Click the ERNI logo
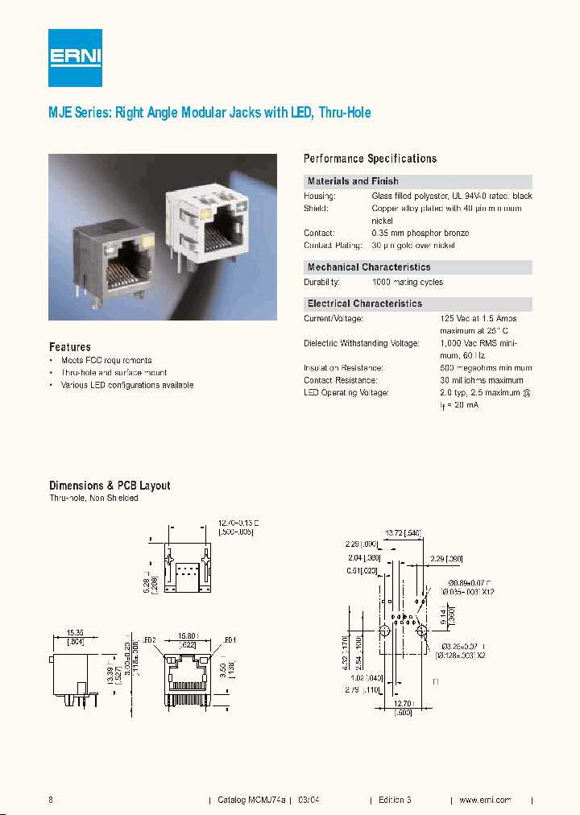75,57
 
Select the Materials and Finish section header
353,181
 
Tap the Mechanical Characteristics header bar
369,267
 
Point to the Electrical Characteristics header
364,304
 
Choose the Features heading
69,347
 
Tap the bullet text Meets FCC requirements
106,361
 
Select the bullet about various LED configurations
127,385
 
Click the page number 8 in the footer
52,800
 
